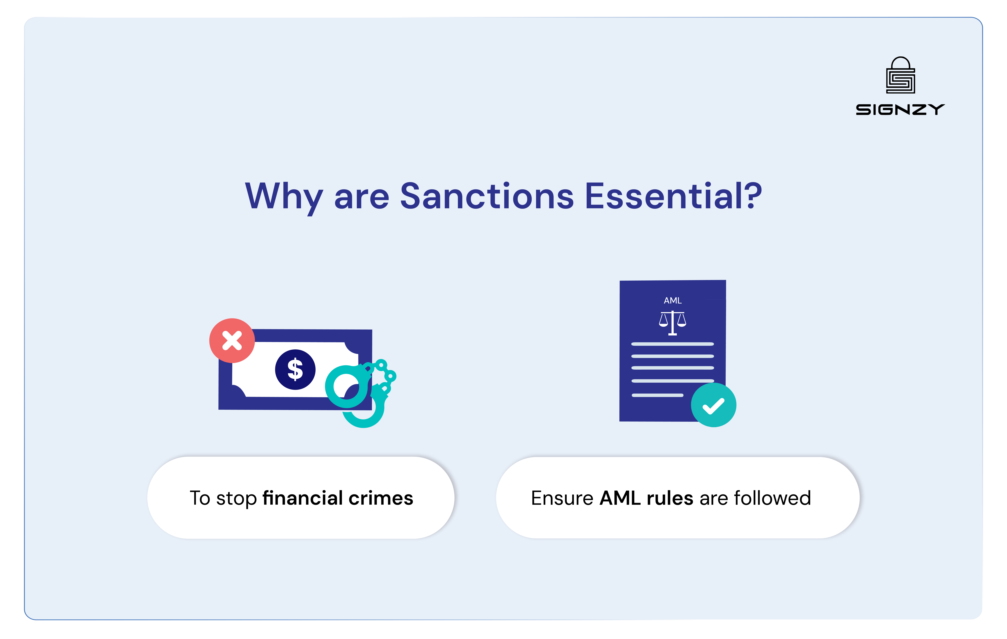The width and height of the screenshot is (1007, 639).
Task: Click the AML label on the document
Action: (672, 300)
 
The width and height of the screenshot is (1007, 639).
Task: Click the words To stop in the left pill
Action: (223, 498)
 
